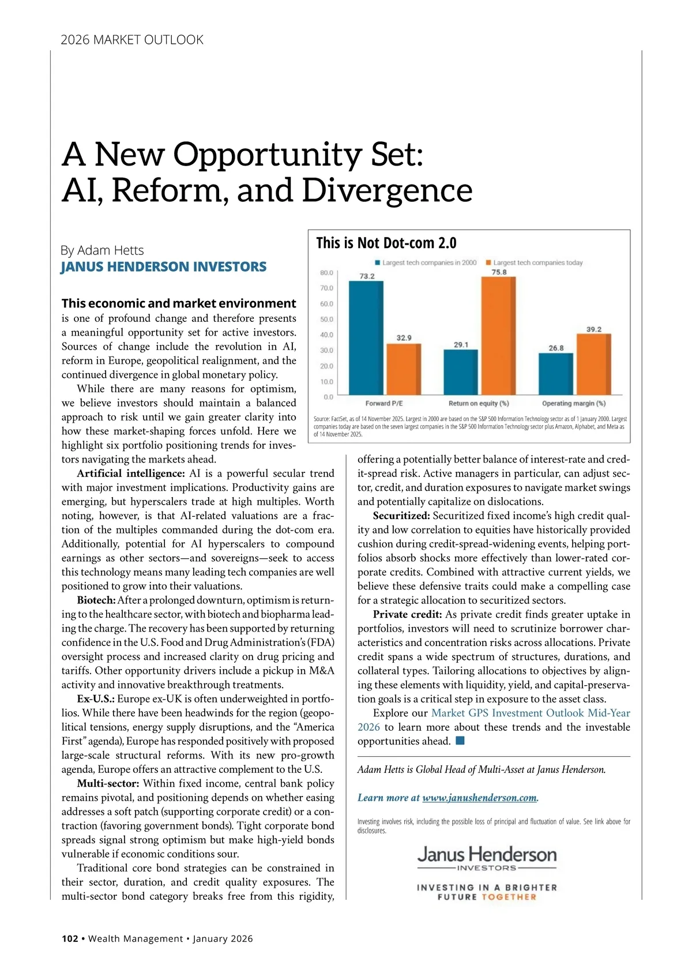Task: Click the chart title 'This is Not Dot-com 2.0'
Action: coord(386,243)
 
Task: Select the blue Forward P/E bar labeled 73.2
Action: coord(366,338)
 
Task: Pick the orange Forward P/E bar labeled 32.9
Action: coord(404,369)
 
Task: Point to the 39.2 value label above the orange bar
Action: coord(594,329)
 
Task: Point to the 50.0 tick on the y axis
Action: coord(326,319)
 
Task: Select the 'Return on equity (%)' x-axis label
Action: coord(479,403)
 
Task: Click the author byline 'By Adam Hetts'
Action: coord(102,250)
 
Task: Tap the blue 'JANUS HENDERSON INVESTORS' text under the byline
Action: coord(164,266)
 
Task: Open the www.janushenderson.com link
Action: coord(479,798)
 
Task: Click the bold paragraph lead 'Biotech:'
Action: coord(96,600)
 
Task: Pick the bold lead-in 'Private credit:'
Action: coord(407,614)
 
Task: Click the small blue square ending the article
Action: coord(460,741)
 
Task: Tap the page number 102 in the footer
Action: coord(70,938)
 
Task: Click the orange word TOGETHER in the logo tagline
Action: coord(509,897)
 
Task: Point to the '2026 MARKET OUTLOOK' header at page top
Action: coord(132,40)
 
